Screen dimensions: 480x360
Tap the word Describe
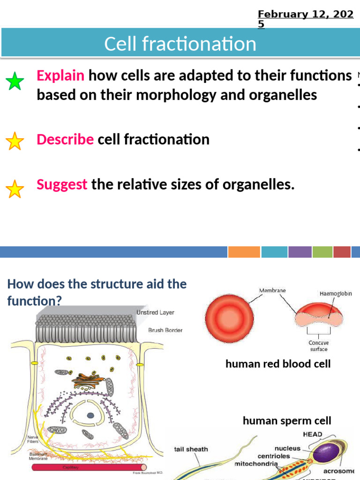65,139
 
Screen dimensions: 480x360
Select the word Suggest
62,184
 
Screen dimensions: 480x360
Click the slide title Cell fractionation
180,44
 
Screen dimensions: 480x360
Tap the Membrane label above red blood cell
272,291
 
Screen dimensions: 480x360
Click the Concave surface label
318,345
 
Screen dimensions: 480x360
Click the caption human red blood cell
278,364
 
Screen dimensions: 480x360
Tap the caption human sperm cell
286,421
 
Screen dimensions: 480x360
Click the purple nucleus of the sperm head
327,454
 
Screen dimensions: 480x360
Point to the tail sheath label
191,449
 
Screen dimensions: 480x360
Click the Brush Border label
165,330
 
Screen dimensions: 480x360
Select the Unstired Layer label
155,312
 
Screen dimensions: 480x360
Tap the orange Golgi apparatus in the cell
89,380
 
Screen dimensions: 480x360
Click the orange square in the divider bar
244,252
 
